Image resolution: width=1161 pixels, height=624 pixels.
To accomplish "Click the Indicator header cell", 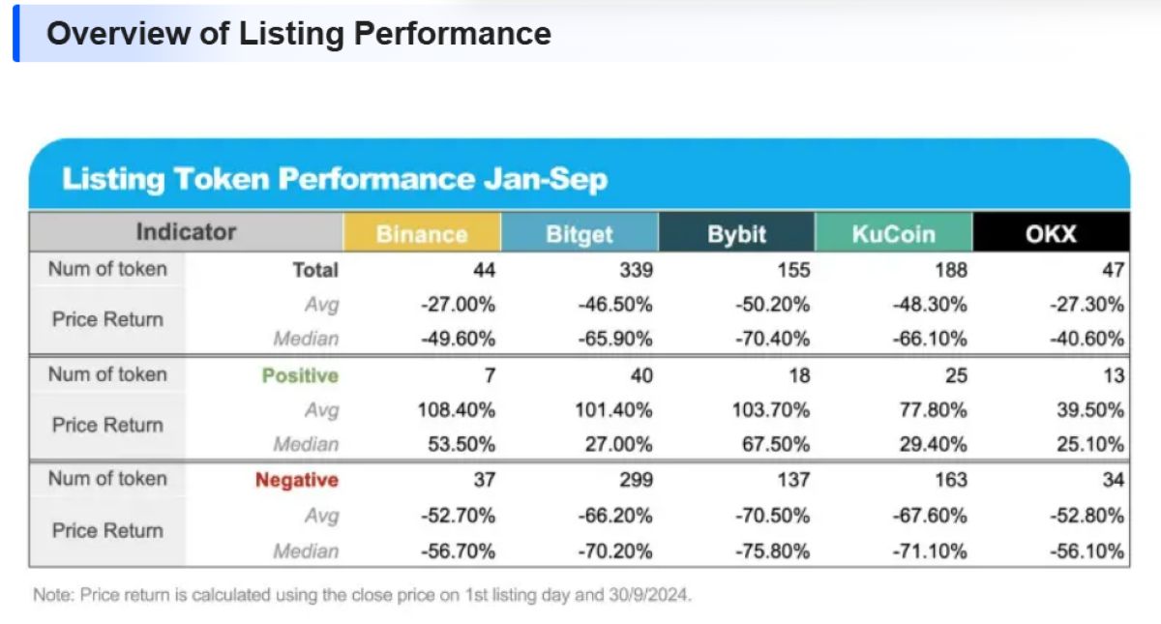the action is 186,231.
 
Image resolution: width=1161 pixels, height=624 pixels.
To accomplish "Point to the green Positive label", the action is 300,375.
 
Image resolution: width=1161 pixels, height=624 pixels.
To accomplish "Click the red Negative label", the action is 297,480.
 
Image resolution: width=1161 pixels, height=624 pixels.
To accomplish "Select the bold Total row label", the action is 315,270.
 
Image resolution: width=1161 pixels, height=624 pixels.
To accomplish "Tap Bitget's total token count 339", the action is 636,270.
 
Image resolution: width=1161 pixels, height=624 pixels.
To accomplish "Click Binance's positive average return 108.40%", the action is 457,410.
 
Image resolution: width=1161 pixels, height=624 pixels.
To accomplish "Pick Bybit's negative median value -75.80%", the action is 772,550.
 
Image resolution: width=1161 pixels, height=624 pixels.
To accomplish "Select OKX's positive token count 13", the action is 1114,375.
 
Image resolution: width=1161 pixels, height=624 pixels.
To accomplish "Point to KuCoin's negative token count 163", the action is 950,480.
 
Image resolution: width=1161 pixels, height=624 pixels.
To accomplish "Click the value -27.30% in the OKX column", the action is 1087,304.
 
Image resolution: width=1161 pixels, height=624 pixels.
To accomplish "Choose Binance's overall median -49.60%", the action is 459,339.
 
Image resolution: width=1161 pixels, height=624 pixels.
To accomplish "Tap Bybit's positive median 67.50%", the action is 776,444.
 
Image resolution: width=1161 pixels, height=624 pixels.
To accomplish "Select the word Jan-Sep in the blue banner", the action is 546,179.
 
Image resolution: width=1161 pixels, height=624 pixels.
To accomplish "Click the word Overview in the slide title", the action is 119,34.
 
